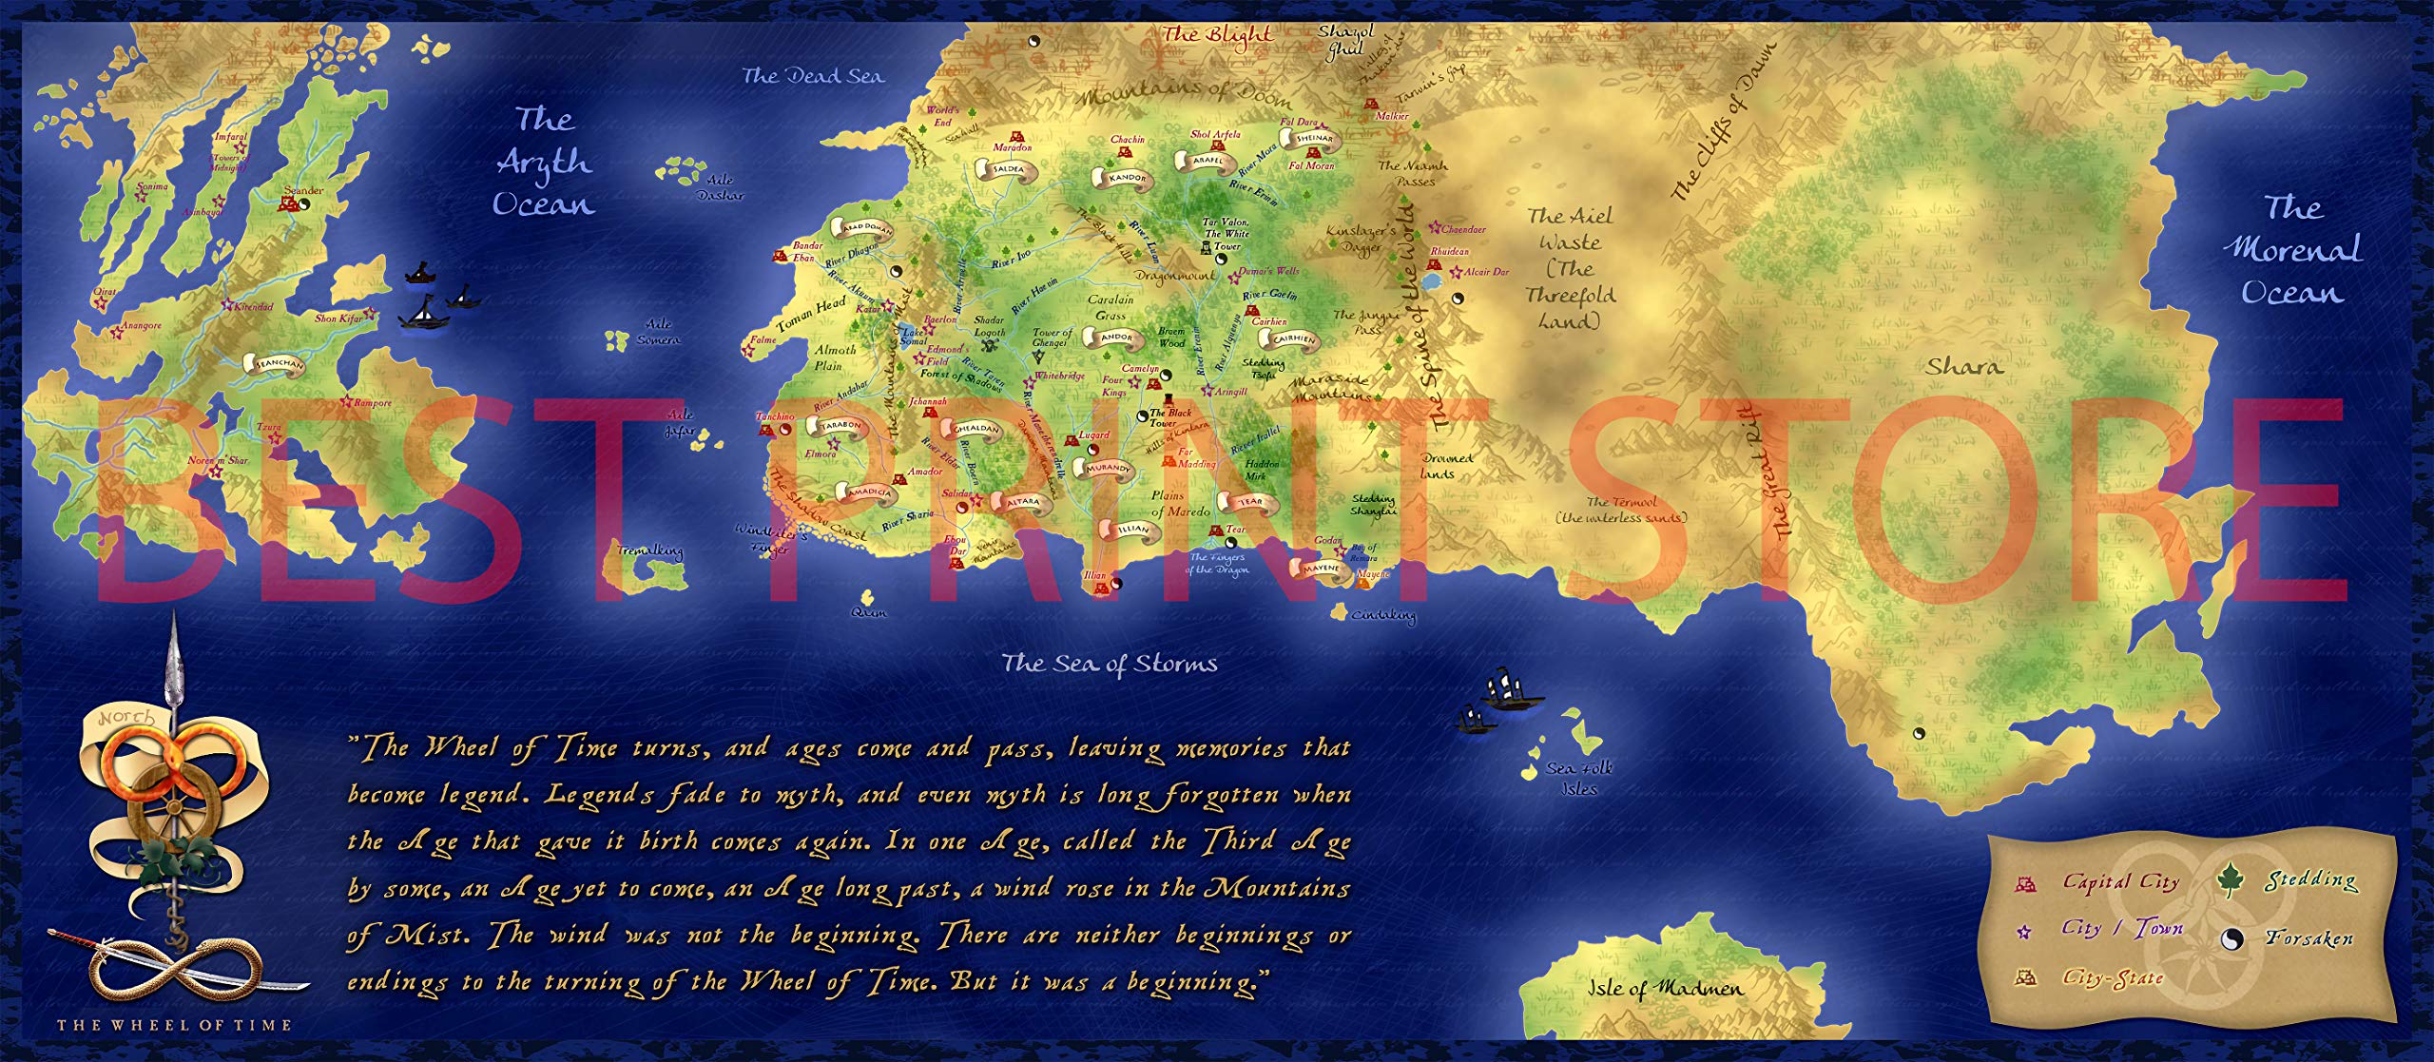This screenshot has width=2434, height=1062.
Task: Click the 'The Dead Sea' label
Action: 812,76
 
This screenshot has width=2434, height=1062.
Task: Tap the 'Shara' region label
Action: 1964,366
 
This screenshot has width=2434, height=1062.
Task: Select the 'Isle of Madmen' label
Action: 1665,988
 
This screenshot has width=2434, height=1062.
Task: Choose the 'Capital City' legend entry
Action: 2120,882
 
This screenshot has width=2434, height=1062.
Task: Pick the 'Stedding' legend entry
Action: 2310,879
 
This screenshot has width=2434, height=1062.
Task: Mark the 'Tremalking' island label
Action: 650,551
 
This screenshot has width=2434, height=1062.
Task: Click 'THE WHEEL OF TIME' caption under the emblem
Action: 174,1025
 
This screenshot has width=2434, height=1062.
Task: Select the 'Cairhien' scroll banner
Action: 1293,338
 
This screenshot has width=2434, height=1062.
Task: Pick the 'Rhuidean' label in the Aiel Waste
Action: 1449,252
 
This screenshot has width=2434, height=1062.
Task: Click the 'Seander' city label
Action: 304,190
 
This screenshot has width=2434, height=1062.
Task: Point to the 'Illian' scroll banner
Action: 1133,529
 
